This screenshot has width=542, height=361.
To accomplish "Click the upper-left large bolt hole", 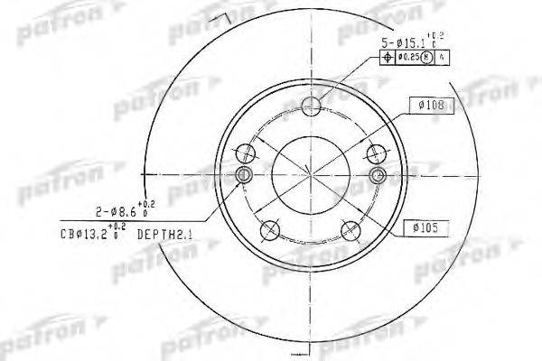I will pyautogui.click(x=246, y=150).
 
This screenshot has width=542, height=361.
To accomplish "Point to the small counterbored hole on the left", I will pyautogui.click(x=244, y=174).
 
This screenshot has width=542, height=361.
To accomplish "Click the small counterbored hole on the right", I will pyautogui.click(x=379, y=174).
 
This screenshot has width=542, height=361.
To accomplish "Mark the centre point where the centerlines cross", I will pyautogui.click(x=312, y=171).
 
